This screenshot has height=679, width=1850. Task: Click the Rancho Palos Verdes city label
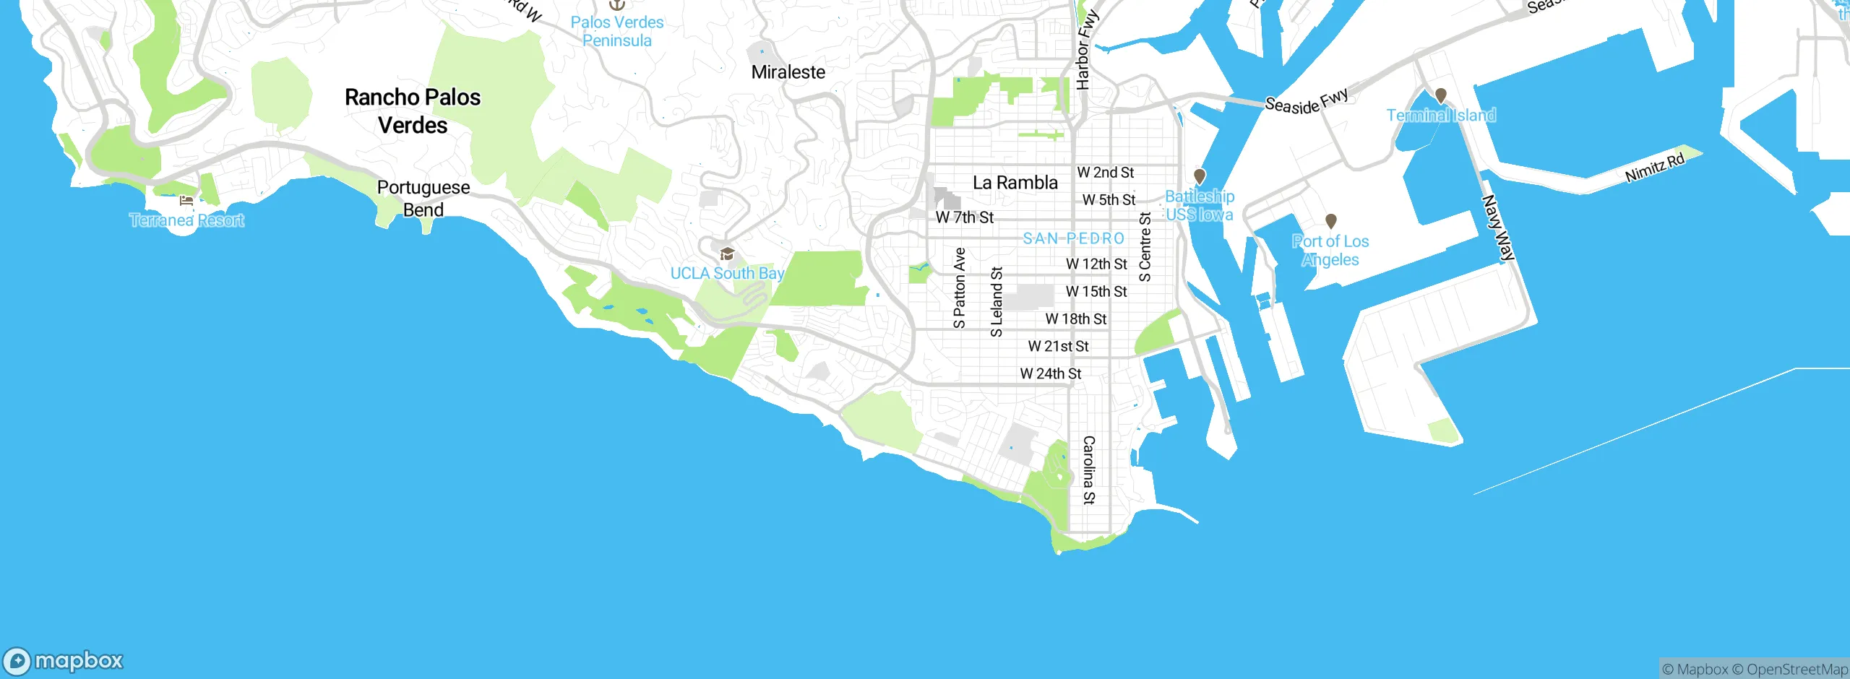[413, 111]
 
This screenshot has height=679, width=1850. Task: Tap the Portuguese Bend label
[423, 198]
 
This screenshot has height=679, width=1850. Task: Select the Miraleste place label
[788, 72]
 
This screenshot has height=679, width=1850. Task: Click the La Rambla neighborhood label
[1015, 183]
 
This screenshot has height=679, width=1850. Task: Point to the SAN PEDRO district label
[1074, 238]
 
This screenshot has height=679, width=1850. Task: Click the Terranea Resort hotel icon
[186, 201]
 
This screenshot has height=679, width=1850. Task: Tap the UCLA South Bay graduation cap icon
[727, 254]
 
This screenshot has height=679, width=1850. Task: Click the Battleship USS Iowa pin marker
[1200, 176]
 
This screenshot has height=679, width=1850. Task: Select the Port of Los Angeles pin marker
[1330, 221]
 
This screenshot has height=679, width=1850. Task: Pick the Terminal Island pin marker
[1440, 95]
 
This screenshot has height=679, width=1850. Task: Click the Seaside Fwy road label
[1307, 101]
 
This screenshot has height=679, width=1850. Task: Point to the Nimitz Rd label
[1655, 168]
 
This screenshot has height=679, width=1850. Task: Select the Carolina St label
[1089, 470]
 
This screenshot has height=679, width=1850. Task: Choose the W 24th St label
[1051, 373]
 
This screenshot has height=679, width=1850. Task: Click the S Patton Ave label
[960, 287]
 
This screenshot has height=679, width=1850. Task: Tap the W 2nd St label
[1105, 173]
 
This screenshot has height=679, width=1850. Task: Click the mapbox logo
[64, 660]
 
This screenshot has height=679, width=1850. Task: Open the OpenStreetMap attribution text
[1797, 670]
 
